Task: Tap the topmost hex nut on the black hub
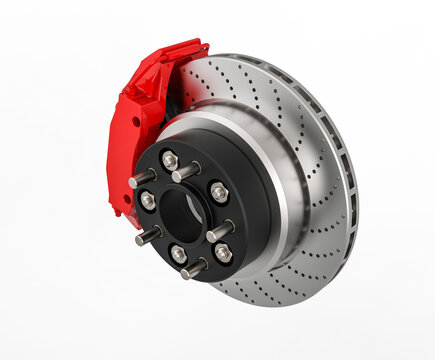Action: click(x=169, y=160)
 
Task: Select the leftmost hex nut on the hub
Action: click(x=148, y=200)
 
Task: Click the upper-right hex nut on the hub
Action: click(x=218, y=191)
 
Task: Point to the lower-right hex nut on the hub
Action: click(x=222, y=252)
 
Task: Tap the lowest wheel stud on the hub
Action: click(x=193, y=269)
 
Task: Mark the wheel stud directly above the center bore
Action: click(x=186, y=172)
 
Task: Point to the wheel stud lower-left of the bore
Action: click(x=148, y=237)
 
